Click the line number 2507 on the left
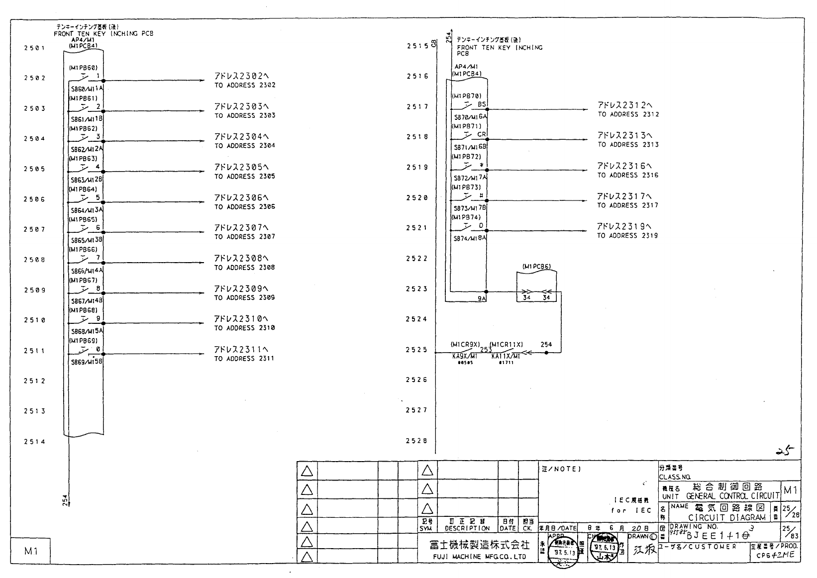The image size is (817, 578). click(34, 230)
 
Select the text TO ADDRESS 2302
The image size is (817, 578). click(245, 86)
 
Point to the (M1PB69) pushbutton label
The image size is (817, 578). click(83, 341)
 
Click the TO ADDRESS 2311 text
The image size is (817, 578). click(244, 359)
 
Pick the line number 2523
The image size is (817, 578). click(416, 289)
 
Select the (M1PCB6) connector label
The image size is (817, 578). click(536, 267)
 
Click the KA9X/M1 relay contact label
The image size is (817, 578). click(465, 356)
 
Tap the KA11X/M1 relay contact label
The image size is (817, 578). click(506, 356)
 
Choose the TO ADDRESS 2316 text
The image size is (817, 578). click(628, 175)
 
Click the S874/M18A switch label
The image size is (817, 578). click(469, 239)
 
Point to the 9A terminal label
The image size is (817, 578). click(481, 298)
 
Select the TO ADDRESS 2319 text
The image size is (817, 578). click(627, 236)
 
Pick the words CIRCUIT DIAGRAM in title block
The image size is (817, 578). click(726, 517)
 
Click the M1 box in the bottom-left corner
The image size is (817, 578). click(30, 551)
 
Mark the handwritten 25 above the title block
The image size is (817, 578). click(785, 451)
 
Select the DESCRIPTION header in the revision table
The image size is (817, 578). click(467, 529)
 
